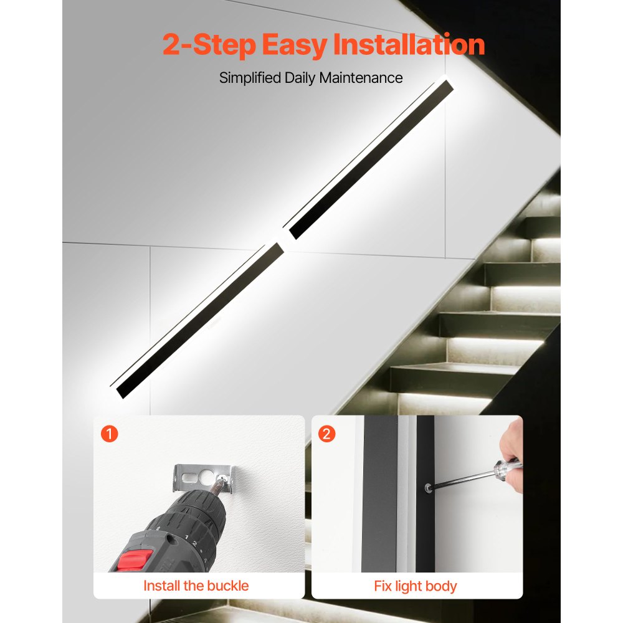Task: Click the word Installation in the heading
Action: coord(409,45)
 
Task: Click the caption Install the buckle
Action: coord(196,586)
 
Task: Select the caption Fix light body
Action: coord(415,586)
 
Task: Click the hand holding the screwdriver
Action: coord(513,444)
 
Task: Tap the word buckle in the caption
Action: coord(227,586)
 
